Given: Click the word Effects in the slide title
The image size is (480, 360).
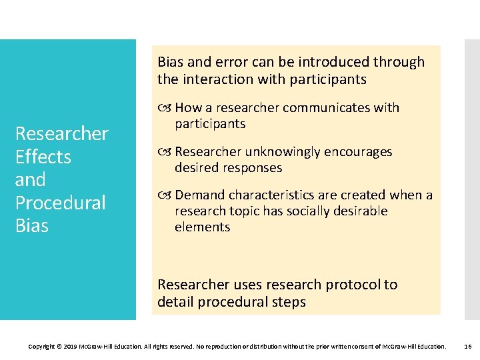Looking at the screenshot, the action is coord(43,157).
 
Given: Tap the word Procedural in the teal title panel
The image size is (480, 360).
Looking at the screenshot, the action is coord(60,203).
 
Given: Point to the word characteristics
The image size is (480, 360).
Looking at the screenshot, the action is coord(267,195).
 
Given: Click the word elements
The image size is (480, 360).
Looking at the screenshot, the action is coord(202,227).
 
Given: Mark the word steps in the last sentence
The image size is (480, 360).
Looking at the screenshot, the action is coord(288,302).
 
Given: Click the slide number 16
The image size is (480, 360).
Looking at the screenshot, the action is coord(467,347).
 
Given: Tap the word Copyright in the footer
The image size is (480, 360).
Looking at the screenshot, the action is coord(43,347).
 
